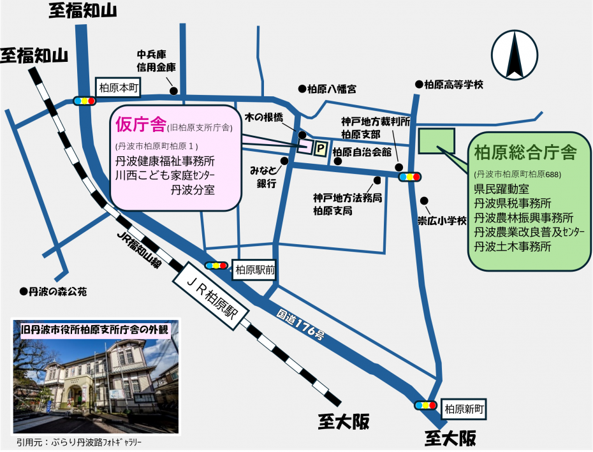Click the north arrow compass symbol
click(x=516, y=54)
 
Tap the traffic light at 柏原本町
click(x=84, y=101)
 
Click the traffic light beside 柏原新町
click(x=425, y=405)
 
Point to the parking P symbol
click(x=321, y=149)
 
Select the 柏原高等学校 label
click(x=450, y=84)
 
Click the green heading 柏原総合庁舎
click(x=525, y=153)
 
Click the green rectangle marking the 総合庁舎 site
click(x=437, y=141)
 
